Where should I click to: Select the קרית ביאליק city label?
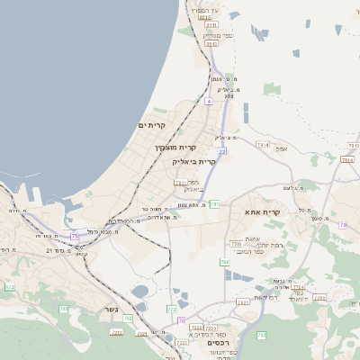[x=193, y=161]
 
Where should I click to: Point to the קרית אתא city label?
[x=263, y=211]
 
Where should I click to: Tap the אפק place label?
[x=281, y=148]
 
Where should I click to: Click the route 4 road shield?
[x=208, y=102]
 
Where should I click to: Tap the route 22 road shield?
[x=221, y=151]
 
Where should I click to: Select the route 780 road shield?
[x=236, y=243]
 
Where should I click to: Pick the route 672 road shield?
[x=9, y=286]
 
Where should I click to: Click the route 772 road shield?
[x=172, y=310]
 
